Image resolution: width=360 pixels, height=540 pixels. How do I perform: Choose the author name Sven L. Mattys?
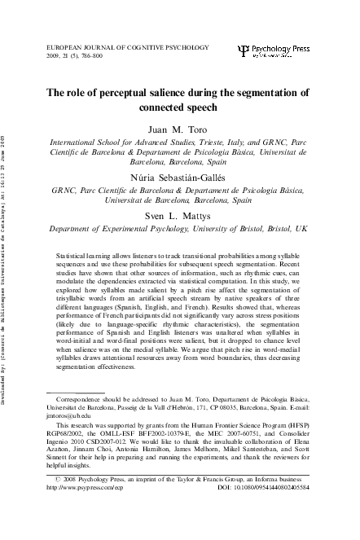click(178, 216)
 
